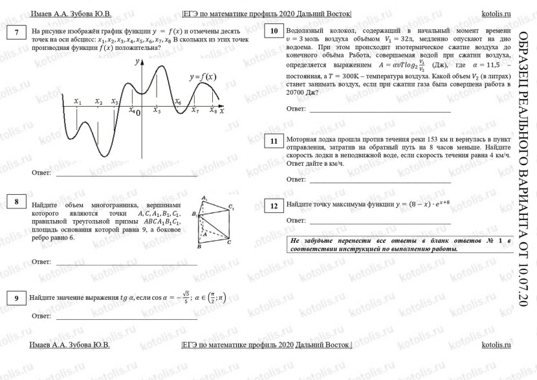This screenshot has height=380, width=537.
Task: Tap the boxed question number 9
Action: [16, 298]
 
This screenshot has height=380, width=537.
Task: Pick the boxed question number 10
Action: [274, 31]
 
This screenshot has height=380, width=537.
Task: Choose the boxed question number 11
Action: [274, 142]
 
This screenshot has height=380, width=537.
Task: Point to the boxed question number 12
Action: [274, 206]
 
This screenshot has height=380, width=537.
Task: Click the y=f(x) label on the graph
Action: [203, 76]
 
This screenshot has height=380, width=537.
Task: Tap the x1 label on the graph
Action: [78, 102]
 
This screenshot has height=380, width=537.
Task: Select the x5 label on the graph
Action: [157, 111]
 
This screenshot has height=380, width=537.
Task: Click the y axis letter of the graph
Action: [137, 61]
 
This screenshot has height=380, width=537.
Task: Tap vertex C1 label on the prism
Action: [230, 207]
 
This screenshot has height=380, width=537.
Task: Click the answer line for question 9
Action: [126, 318]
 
